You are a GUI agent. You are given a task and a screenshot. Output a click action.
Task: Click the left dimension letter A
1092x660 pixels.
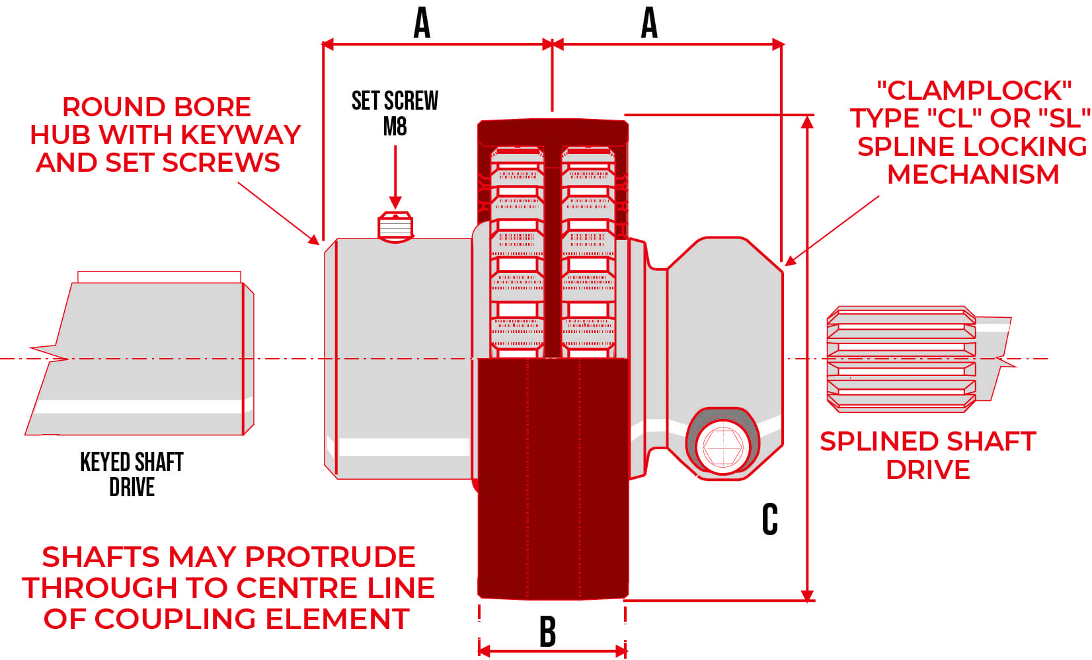(422, 23)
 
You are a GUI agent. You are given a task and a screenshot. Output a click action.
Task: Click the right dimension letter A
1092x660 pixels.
(649, 23)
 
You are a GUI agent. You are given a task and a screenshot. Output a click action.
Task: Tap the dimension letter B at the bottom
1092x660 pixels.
(547, 632)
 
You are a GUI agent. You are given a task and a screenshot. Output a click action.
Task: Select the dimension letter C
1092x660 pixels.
(769, 519)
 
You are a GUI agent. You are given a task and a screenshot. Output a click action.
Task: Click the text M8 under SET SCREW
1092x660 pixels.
(395, 126)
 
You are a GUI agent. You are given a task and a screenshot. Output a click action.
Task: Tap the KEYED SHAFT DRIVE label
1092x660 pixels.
(132, 474)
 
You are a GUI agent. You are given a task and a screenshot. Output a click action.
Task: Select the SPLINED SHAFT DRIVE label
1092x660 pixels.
(927, 455)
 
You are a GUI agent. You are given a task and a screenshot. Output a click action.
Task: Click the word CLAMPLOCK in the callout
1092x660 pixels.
(974, 91)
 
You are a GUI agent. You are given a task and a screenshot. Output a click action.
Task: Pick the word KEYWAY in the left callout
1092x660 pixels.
(240, 135)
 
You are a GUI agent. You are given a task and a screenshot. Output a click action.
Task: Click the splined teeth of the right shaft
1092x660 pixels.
(901, 359)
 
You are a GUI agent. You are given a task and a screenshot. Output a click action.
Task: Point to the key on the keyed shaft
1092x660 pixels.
(159, 277)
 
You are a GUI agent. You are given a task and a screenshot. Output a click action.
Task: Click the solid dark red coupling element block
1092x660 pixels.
(553, 479)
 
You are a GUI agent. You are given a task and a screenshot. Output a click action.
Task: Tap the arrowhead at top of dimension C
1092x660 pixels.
(807, 122)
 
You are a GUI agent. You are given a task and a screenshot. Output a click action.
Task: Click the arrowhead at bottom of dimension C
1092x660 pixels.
(807, 595)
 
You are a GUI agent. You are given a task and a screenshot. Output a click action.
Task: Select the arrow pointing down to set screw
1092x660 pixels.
(395, 178)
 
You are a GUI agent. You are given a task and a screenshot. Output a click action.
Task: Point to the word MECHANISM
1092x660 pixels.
(973, 174)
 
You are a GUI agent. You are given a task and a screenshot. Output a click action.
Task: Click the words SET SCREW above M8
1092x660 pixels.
(395, 101)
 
